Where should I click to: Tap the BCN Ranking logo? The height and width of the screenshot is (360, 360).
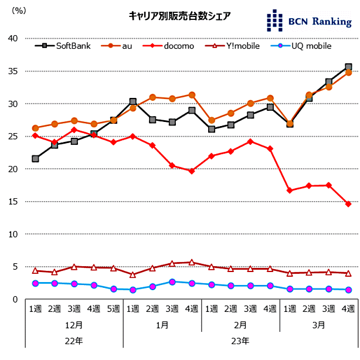tap(308, 21)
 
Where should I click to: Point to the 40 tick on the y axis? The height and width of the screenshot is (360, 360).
tap(13, 39)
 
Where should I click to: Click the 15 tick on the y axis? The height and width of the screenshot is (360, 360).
tap(13, 202)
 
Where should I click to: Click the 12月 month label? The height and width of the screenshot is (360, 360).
tap(74, 324)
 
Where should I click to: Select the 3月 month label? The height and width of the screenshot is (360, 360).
tap(319, 324)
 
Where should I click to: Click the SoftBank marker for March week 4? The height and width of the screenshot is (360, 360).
tap(348, 67)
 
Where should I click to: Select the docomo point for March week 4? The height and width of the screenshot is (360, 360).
tap(348, 204)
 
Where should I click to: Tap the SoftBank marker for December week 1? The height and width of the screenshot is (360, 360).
tap(35, 159)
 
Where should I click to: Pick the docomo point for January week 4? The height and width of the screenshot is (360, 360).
tap(192, 171)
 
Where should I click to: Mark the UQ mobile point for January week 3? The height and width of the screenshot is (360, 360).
tap(172, 282)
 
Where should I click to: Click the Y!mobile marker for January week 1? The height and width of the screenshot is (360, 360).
tap(133, 275)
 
